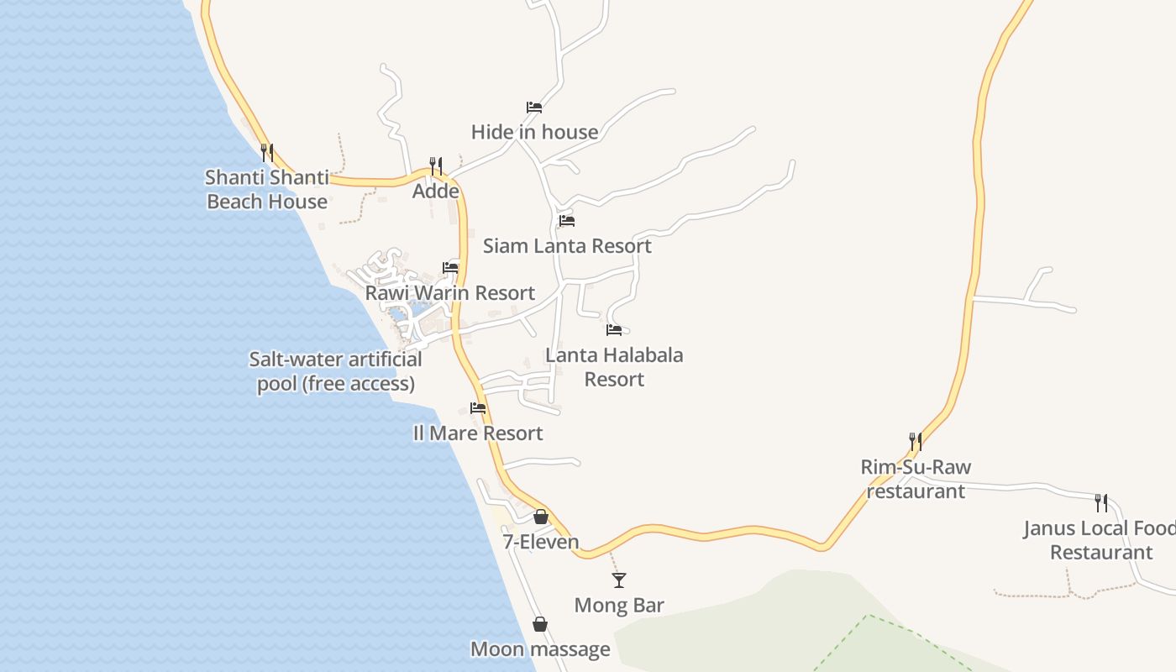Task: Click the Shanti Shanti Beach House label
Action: click(267, 190)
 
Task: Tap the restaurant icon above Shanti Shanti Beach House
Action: click(266, 152)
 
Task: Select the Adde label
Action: click(436, 192)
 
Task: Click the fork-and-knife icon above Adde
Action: click(436, 165)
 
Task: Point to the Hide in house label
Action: click(534, 132)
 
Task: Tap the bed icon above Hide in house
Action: click(534, 107)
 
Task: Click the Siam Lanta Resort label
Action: click(567, 246)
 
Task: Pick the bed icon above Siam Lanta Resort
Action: click(567, 221)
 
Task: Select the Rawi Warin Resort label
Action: click(450, 293)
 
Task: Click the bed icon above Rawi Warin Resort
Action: click(451, 268)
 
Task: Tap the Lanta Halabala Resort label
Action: click(614, 367)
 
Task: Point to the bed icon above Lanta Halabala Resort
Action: click(614, 330)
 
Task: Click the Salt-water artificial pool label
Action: click(335, 371)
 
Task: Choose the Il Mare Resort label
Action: click(478, 433)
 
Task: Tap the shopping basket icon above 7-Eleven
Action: click(541, 516)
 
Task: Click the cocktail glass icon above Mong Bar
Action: click(619, 580)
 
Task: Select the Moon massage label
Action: click(540, 649)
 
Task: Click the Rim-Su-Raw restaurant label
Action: click(916, 479)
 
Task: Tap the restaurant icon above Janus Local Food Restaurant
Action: click(1100, 503)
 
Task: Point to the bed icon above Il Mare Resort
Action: click(478, 408)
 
